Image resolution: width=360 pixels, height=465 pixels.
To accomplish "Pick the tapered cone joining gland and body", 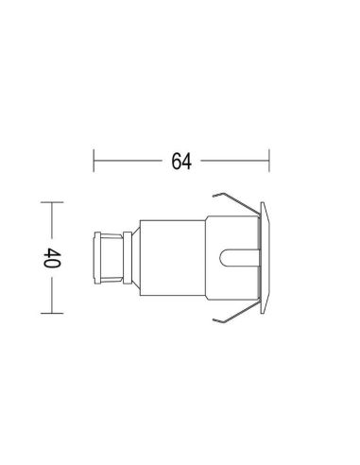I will pyautogui.click(x=132, y=258).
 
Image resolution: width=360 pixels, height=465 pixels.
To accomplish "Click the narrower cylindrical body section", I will pyautogui.click(x=170, y=258).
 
